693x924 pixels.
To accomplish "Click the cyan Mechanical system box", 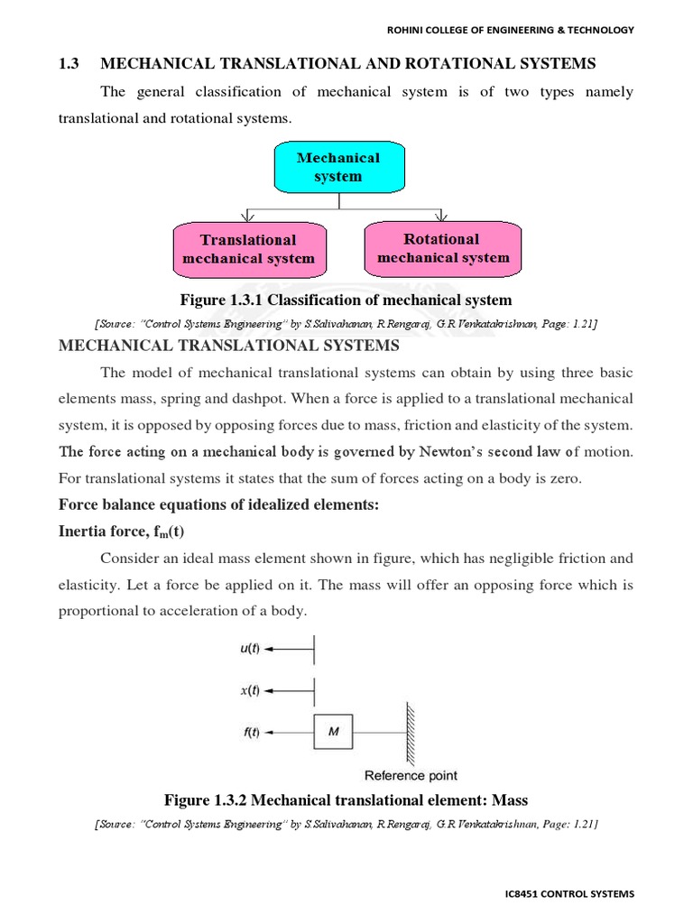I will click(338, 167).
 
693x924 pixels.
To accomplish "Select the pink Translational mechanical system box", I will click(248, 249).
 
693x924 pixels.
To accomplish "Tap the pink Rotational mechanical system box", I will click(442, 248).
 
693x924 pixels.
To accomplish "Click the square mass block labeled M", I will click(333, 732).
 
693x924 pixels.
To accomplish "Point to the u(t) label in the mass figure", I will click(250, 648).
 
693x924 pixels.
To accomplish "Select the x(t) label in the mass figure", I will click(250, 690).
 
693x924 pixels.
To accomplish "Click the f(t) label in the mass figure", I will click(250, 732).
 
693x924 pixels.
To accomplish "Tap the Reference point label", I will click(411, 775).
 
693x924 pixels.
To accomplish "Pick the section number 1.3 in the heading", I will click(69, 63).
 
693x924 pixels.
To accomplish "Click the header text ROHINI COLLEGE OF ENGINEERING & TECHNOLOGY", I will click(511, 30).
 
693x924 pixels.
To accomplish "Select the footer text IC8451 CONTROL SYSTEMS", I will click(569, 894).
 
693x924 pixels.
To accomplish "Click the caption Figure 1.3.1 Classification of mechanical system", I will click(346, 300).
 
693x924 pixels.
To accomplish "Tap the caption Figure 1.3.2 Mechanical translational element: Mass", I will click(346, 799).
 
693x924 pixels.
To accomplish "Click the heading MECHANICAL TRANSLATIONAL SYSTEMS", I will click(227, 346).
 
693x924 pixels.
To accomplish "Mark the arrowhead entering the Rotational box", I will click(439, 217).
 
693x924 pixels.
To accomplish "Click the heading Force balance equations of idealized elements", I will click(218, 504).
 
